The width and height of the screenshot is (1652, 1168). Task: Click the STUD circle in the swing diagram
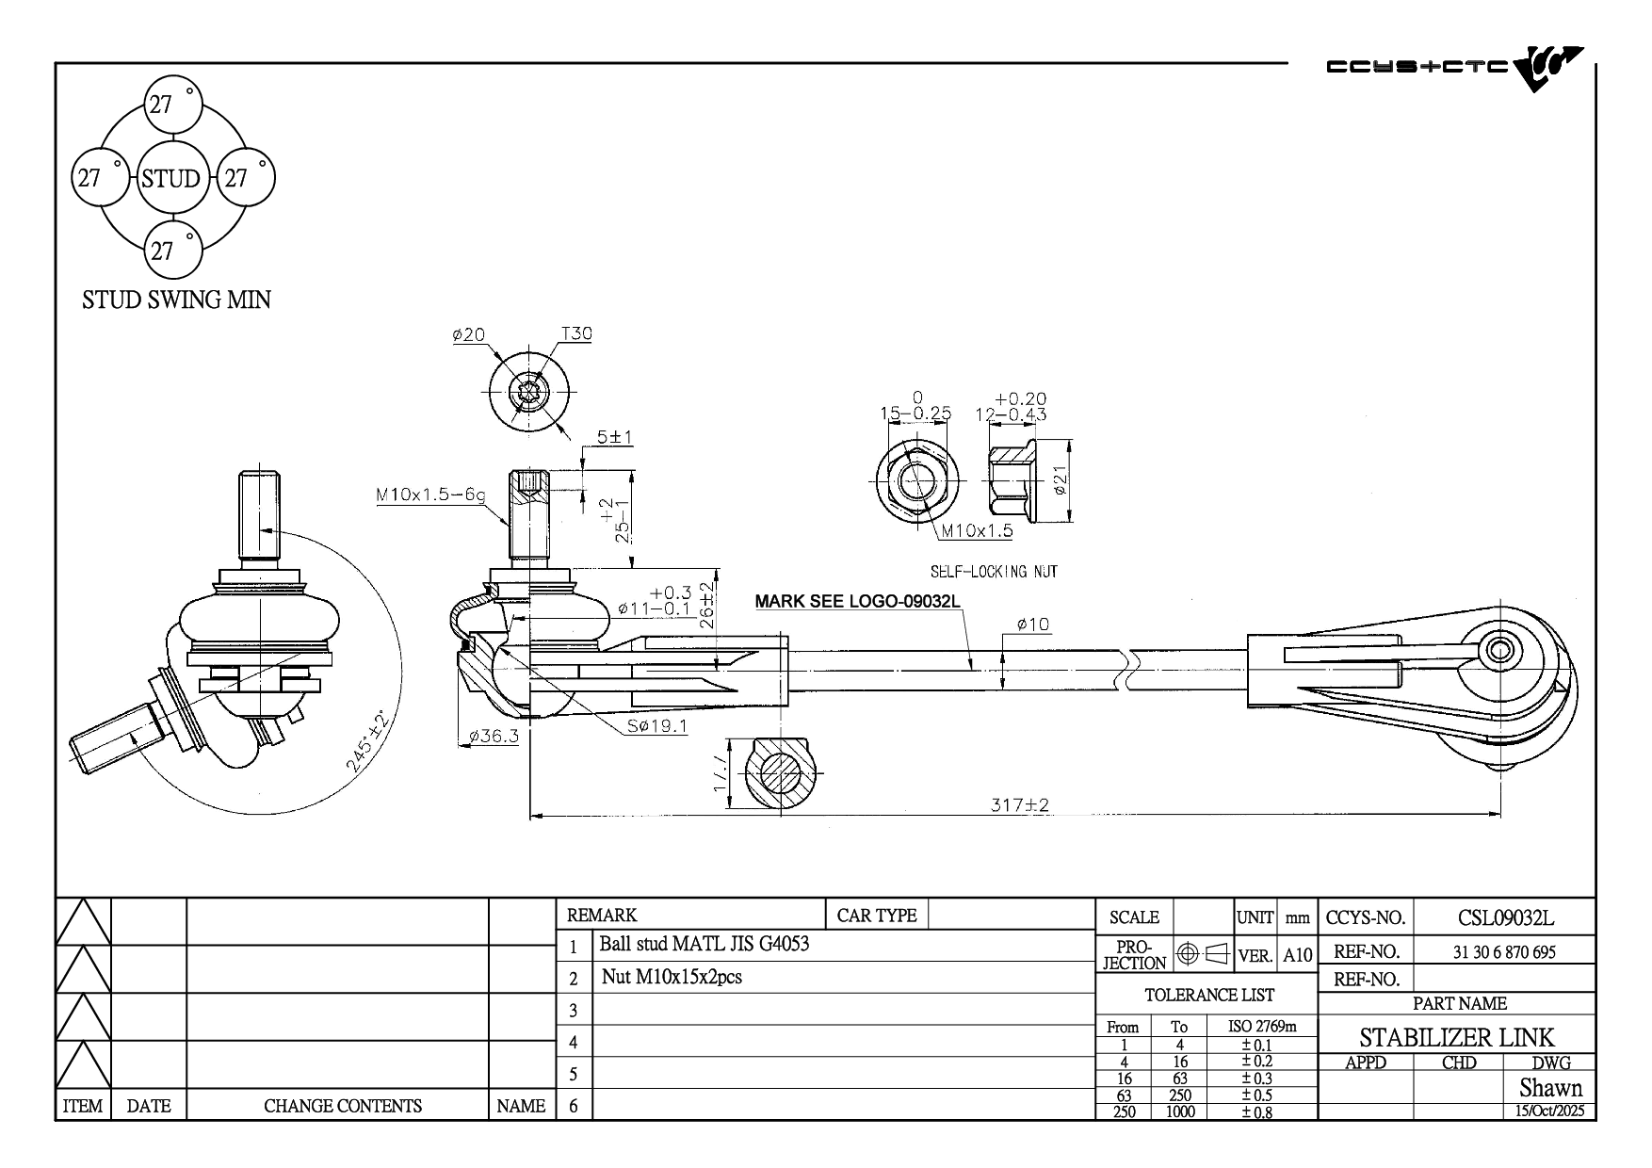coord(170,178)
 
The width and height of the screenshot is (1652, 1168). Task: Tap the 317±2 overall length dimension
coord(1019,805)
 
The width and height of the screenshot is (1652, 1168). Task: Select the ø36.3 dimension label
coord(494,736)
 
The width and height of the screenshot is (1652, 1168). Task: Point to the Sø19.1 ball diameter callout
coord(657,725)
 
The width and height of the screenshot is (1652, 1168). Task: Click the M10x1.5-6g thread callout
coord(430,494)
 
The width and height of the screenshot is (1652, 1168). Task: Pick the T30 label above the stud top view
coord(576,333)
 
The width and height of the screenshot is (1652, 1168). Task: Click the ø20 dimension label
coord(468,334)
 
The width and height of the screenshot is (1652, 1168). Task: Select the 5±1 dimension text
coord(615,437)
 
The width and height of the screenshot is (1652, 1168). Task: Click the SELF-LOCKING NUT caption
coord(994,572)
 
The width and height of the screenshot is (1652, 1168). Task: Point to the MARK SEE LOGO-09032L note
coord(857,601)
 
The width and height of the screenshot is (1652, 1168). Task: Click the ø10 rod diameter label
coord(1033,624)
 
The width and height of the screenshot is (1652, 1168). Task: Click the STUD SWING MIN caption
coord(176,300)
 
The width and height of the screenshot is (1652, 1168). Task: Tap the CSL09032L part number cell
coord(1506,917)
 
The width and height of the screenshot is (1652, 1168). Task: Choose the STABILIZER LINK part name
coord(1457,1038)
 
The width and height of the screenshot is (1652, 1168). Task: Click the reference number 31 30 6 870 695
coord(1504,952)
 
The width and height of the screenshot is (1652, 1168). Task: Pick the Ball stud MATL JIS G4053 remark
coord(705,944)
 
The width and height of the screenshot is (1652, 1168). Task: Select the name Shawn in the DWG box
coord(1550,1088)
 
